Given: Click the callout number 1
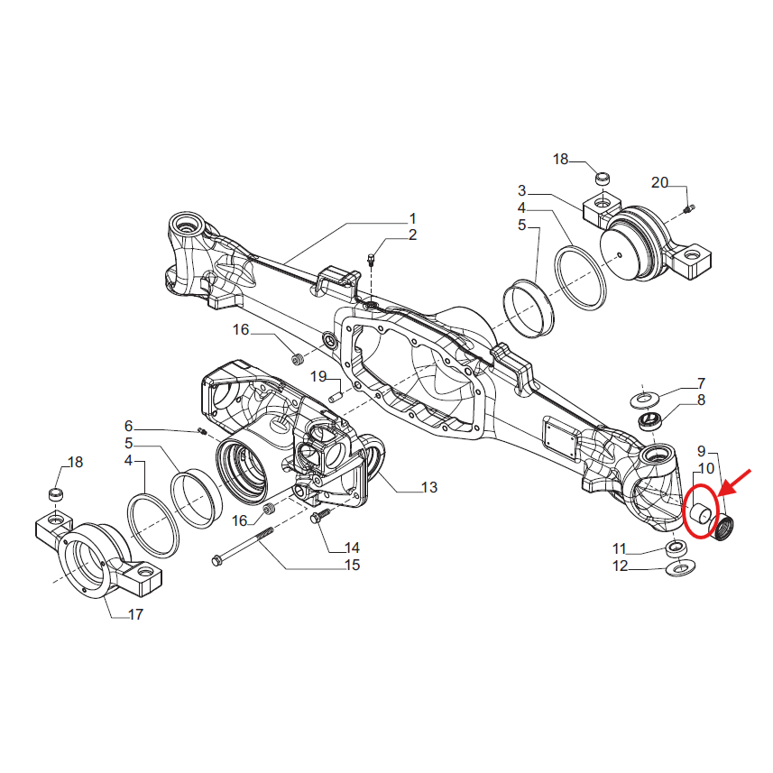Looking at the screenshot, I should coord(412,218).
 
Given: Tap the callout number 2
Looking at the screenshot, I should coord(412,236).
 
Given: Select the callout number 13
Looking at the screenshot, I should coord(429,487).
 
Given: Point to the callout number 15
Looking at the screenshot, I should coord(351,566).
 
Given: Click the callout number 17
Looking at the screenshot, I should coord(134,615).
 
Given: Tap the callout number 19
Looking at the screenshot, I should coord(318,375).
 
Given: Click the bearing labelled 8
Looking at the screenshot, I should coord(651,419).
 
